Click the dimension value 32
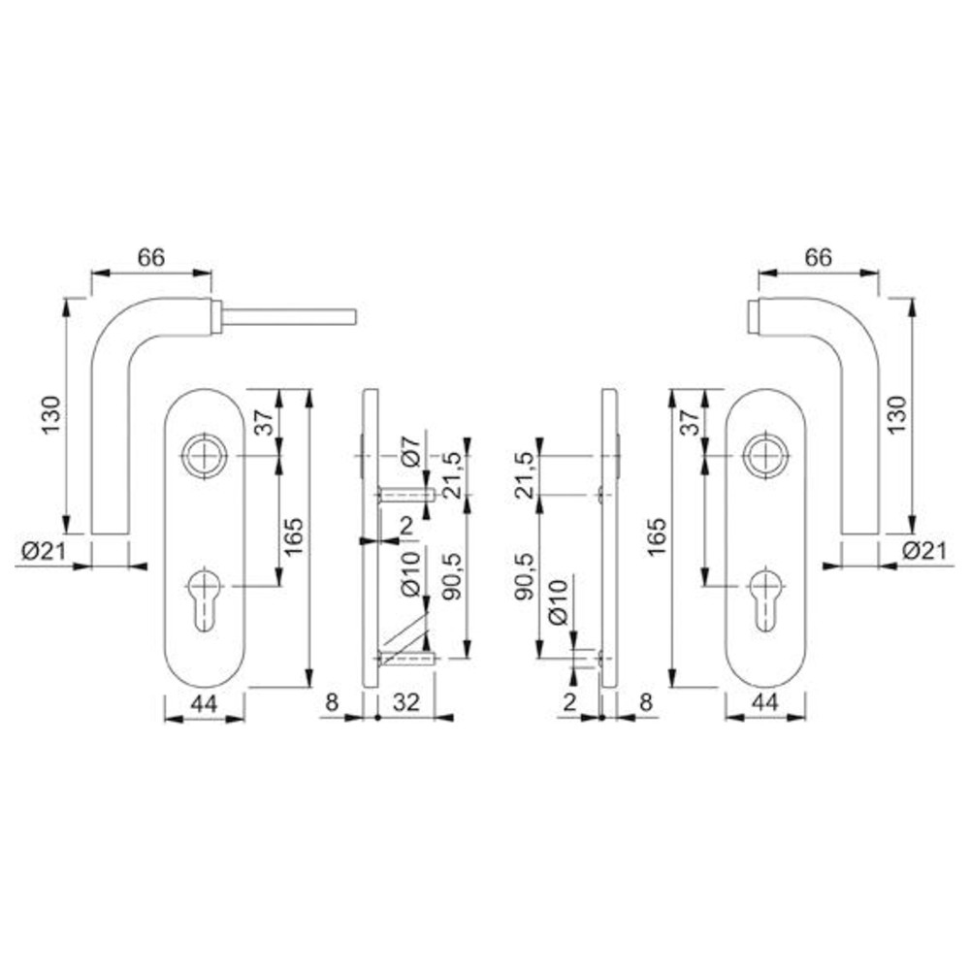pyautogui.click(x=405, y=702)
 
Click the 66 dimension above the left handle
pyautogui.click(x=151, y=257)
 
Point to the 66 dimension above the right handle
pyautogui.click(x=818, y=257)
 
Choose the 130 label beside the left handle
pyautogui.click(x=50, y=414)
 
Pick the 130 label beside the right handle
pyautogui.click(x=897, y=414)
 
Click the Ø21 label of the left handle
pyautogui.click(x=44, y=550)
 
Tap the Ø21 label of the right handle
pyautogui.click(x=924, y=550)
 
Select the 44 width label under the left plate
pyautogui.click(x=204, y=703)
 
